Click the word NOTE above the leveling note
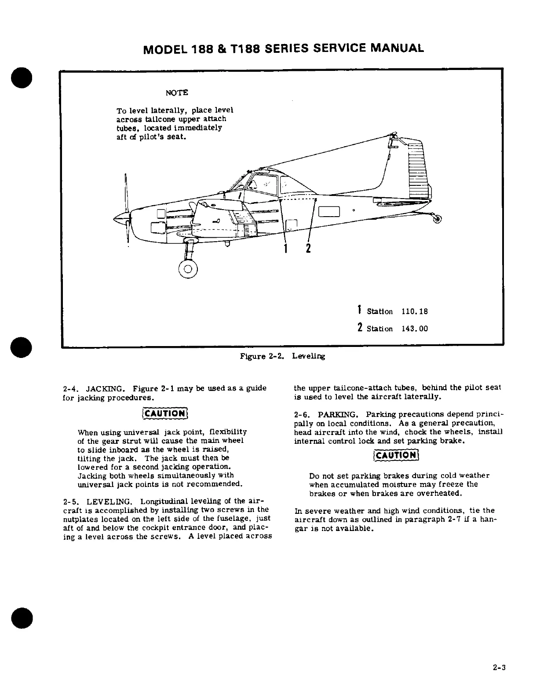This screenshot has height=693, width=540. pyautogui.click(x=176, y=93)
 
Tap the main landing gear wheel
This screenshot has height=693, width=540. pyautogui.click(x=188, y=269)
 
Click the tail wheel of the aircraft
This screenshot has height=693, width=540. pyautogui.click(x=437, y=218)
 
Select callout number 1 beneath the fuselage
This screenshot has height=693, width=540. pyautogui.click(x=285, y=249)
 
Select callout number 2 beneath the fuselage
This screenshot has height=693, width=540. pyautogui.click(x=308, y=249)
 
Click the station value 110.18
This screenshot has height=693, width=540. pyautogui.click(x=414, y=312)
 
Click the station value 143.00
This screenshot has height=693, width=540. pyautogui.click(x=414, y=329)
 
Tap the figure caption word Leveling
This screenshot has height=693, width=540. pyautogui.click(x=308, y=356)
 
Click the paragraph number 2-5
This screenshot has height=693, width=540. pyautogui.click(x=71, y=502)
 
